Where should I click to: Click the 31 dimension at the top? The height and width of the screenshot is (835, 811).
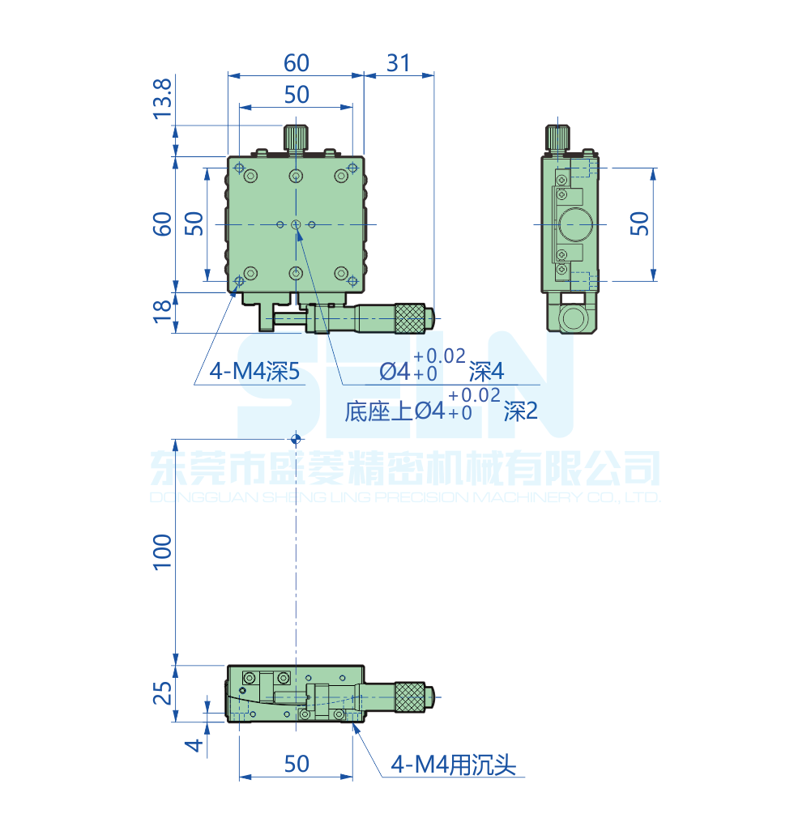pos(398,62)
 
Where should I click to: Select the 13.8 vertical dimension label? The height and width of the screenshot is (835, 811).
pos(163,98)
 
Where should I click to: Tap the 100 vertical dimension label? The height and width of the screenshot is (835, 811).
pos(163,551)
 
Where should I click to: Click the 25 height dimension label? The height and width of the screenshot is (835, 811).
pos(163,693)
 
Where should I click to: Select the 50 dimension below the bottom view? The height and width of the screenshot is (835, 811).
pos(297,763)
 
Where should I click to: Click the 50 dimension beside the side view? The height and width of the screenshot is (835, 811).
pos(640,224)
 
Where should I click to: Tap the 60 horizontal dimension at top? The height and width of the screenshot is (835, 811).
pos(297,62)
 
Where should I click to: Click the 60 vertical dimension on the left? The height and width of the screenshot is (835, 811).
pos(163,224)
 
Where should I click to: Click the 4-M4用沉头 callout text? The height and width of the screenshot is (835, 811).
pos(453,764)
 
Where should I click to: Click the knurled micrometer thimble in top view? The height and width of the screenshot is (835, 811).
pos(410,317)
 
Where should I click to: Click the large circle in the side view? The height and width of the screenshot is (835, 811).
pos(574,224)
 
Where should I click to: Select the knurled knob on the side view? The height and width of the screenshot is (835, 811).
pos(557,138)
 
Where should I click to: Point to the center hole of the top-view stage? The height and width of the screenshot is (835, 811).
pos(297,224)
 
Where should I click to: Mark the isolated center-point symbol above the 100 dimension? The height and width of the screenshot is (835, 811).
pos(297,438)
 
